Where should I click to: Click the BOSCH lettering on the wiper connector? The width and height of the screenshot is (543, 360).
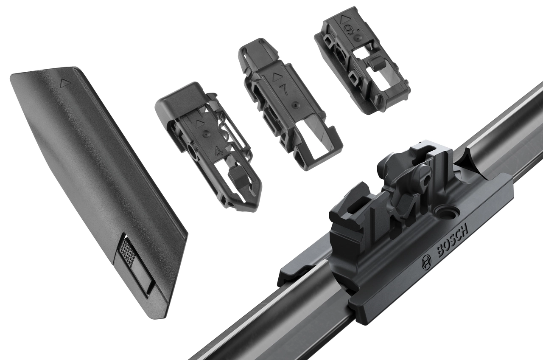click(453, 240)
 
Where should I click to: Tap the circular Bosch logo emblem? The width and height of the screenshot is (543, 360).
click(426, 263)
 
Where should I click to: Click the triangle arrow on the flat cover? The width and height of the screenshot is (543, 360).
click(64, 83)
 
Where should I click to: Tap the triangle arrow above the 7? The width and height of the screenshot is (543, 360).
click(276, 77)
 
